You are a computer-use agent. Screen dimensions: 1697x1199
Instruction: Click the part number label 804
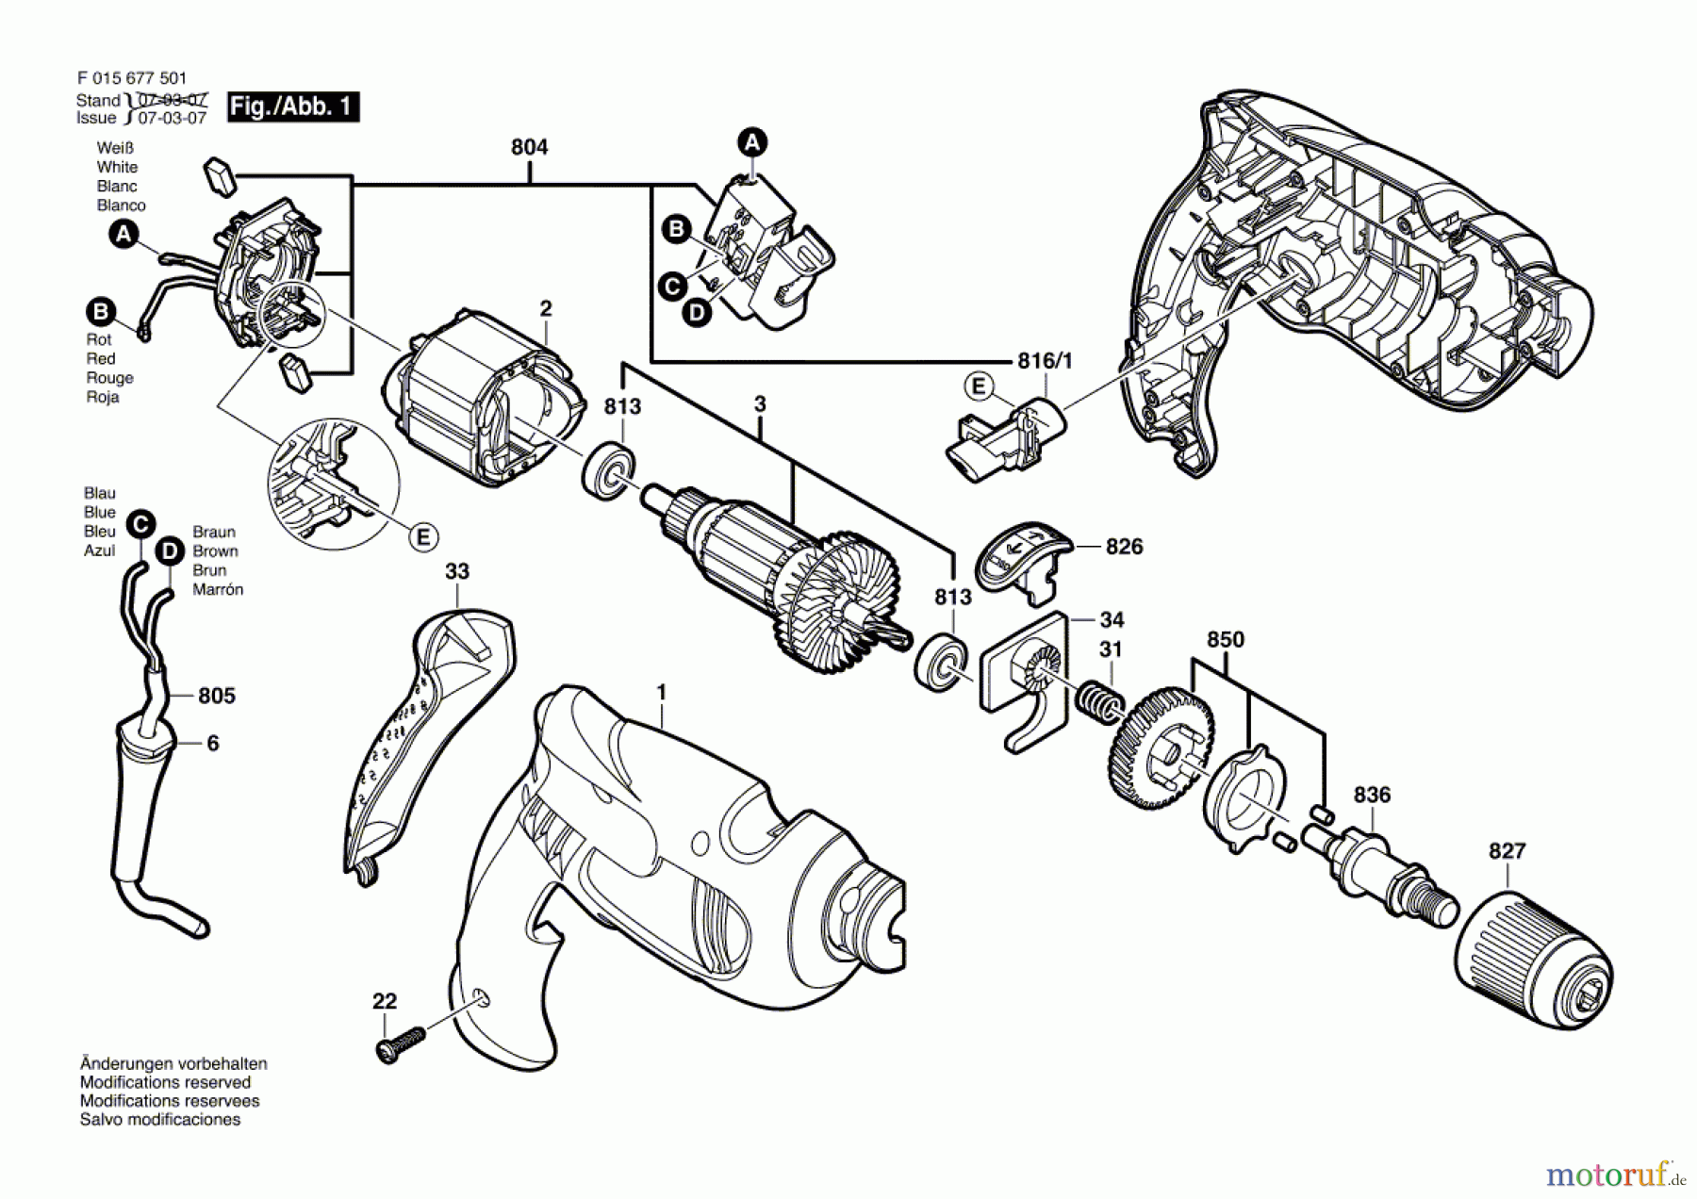[529, 147]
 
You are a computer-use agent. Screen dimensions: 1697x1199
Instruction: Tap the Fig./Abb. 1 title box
[293, 106]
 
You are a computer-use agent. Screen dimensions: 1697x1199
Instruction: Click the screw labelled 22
[401, 1044]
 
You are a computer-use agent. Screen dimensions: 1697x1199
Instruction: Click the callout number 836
[1372, 795]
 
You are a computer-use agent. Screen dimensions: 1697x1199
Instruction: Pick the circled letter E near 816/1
[978, 386]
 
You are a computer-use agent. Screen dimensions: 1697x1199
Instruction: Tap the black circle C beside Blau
[140, 524]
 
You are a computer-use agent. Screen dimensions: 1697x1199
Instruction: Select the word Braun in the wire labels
[214, 532]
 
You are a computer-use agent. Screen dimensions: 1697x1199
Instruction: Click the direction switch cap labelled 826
[1021, 562]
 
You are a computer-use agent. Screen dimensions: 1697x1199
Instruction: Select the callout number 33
[457, 571]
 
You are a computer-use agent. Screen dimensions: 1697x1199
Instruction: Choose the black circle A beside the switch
[751, 142]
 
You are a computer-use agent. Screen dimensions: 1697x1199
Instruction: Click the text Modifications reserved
[165, 1082]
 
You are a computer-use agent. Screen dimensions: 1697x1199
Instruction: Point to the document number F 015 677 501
[132, 79]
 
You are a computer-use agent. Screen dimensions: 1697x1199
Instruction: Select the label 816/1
[1045, 361]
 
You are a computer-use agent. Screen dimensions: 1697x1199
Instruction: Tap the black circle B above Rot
[100, 311]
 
